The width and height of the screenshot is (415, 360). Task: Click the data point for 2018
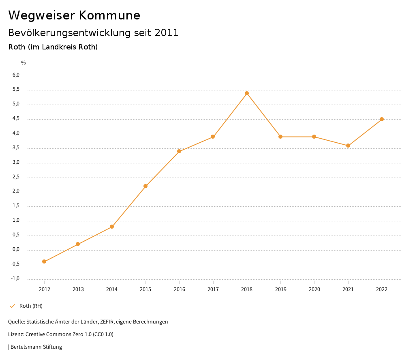click(x=246, y=93)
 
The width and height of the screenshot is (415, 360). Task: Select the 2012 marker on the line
click(x=44, y=261)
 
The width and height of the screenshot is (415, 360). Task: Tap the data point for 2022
click(x=382, y=119)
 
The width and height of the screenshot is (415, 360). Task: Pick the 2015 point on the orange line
click(x=145, y=186)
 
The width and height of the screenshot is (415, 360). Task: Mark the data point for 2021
click(x=348, y=146)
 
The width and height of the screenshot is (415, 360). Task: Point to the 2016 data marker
click(x=179, y=151)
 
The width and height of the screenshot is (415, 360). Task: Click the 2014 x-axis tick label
click(x=112, y=289)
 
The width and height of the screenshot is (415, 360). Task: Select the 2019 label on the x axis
click(x=280, y=289)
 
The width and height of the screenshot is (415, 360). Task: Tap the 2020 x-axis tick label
click(x=314, y=289)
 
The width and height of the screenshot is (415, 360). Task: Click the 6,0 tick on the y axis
click(x=16, y=75)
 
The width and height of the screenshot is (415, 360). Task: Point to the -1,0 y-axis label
click(x=15, y=279)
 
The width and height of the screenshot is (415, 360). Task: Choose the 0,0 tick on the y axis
click(x=16, y=249)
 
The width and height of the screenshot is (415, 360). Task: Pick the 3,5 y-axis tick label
click(x=16, y=148)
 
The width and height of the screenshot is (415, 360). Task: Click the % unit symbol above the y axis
click(x=24, y=62)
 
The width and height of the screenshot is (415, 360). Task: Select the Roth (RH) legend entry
click(x=31, y=306)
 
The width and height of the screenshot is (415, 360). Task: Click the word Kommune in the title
click(x=109, y=15)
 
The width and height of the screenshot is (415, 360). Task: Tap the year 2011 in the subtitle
click(x=167, y=33)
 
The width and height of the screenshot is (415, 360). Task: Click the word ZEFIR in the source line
click(x=107, y=322)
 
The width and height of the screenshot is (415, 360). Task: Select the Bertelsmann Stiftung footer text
click(x=36, y=347)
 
